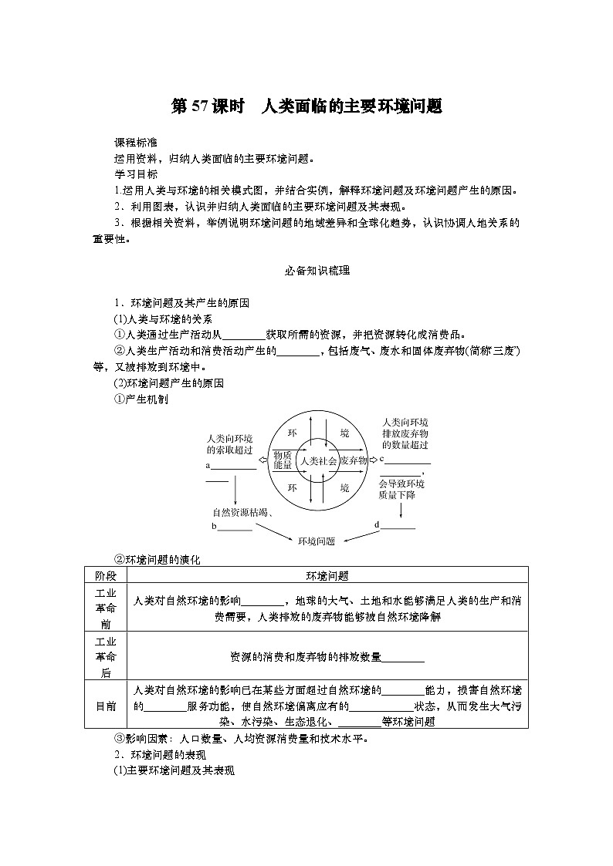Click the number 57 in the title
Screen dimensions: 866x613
[x=199, y=106]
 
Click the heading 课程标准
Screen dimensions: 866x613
[x=135, y=143]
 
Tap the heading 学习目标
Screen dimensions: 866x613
[x=135, y=174]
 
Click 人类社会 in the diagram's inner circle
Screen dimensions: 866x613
[x=318, y=460]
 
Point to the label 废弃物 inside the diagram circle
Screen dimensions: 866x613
[x=353, y=460]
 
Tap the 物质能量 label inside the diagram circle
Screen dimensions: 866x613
[x=283, y=460]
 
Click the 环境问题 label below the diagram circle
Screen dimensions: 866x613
[x=317, y=541]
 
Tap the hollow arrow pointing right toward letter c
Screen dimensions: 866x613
[x=374, y=460]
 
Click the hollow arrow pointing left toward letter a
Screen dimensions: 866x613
[x=262, y=460]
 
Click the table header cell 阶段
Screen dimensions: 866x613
[x=105, y=576]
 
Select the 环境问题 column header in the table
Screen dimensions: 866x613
[x=327, y=576]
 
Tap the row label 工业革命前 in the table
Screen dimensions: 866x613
[x=105, y=608]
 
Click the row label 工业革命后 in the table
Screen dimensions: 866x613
[x=105, y=656]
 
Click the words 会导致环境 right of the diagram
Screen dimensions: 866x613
[x=401, y=484]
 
